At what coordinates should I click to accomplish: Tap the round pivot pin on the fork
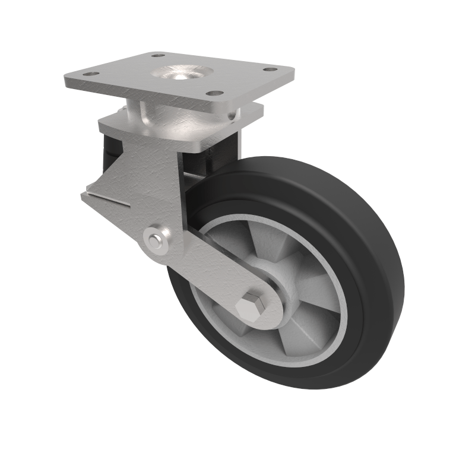click(x=156, y=240)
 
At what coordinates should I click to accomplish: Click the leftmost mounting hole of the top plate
click(x=90, y=74)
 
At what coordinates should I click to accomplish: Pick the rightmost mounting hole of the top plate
click(x=270, y=69)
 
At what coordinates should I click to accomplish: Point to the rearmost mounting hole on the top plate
click(x=157, y=55)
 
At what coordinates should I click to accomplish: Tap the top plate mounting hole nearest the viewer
click(x=216, y=93)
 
